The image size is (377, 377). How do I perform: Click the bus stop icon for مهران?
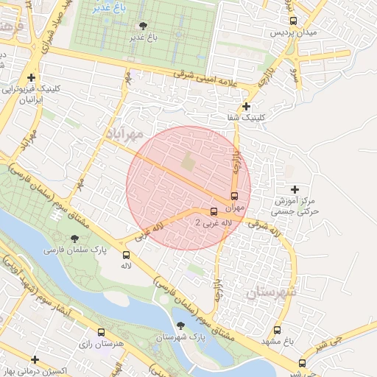[x=234, y=197]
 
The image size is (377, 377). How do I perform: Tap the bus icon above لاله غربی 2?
[x=214, y=212]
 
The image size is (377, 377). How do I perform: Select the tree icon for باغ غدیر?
[x=142, y=26]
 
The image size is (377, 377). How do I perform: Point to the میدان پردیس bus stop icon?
[x=293, y=21]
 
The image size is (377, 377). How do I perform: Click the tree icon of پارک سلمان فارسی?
[x=74, y=238]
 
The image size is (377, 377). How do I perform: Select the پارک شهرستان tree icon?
[x=181, y=325]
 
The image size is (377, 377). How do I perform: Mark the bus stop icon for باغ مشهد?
[x=278, y=331]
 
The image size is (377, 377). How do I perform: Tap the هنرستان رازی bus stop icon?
[x=101, y=333]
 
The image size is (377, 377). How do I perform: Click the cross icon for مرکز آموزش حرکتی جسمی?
[x=296, y=189]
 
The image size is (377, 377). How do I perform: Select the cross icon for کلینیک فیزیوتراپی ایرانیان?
[x=31, y=77]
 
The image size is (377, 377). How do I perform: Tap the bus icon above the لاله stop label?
[x=126, y=256]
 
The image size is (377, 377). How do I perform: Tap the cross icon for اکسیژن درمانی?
[x=35, y=359]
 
